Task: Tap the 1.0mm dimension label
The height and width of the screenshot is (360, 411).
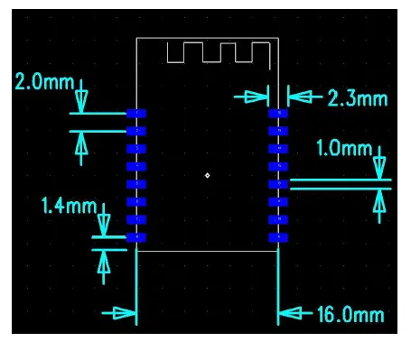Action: [x=345, y=148]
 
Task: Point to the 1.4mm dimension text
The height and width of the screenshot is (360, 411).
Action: [x=69, y=206]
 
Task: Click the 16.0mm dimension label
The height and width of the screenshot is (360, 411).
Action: [x=350, y=315]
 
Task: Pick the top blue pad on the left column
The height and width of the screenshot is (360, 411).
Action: [x=136, y=114]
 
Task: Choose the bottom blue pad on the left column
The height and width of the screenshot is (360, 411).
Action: [x=136, y=237]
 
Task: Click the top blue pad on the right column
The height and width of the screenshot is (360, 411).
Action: [x=278, y=114]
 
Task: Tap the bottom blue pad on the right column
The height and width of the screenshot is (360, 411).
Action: [x=278, y=237]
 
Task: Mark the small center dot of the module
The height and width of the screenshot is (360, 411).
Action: [x=207, y=175]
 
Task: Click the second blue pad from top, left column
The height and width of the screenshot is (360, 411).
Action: [x=136, y=131]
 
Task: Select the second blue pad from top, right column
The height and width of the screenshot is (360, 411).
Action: [x=278, y=131]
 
